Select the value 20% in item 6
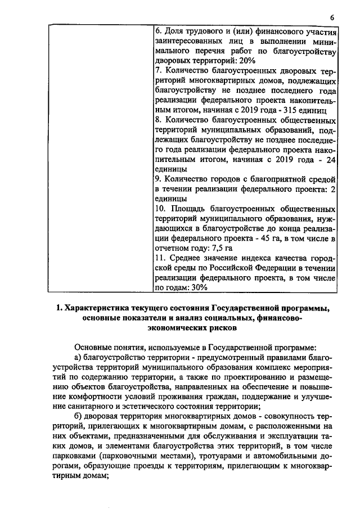(247, 60)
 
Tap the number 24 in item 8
(331, 160)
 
